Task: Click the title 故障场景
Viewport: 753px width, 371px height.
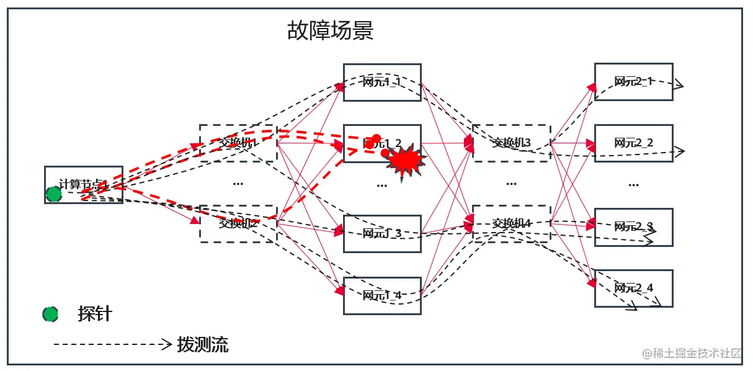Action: (330, 30)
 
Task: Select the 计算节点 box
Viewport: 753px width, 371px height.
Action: (84, 184)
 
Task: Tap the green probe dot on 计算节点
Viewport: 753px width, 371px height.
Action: (54, 195)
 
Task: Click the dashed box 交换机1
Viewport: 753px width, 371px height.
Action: (238, 143)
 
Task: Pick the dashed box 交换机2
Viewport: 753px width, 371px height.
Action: (238, 223)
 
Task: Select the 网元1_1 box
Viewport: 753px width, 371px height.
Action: (382, 82)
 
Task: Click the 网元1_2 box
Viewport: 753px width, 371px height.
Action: (382, 143)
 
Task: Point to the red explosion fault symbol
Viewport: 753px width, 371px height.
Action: (407, 161)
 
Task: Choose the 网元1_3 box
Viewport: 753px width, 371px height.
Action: (382, 234)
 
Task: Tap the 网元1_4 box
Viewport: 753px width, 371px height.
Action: (382, 295)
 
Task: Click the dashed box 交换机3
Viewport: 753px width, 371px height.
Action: (511, 143)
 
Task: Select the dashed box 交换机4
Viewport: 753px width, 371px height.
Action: (511, 222)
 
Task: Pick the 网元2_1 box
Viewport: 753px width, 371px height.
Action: (633, 81)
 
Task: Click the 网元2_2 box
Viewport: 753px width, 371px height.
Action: (633, 143)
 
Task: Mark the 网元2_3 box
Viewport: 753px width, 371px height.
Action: (633, 227)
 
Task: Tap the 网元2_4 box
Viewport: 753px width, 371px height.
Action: (633, 288)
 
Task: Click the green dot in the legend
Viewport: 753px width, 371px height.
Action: (50, 314)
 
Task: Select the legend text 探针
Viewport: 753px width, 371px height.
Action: (95, 314)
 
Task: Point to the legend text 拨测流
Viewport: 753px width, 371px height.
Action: (202, 344)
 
